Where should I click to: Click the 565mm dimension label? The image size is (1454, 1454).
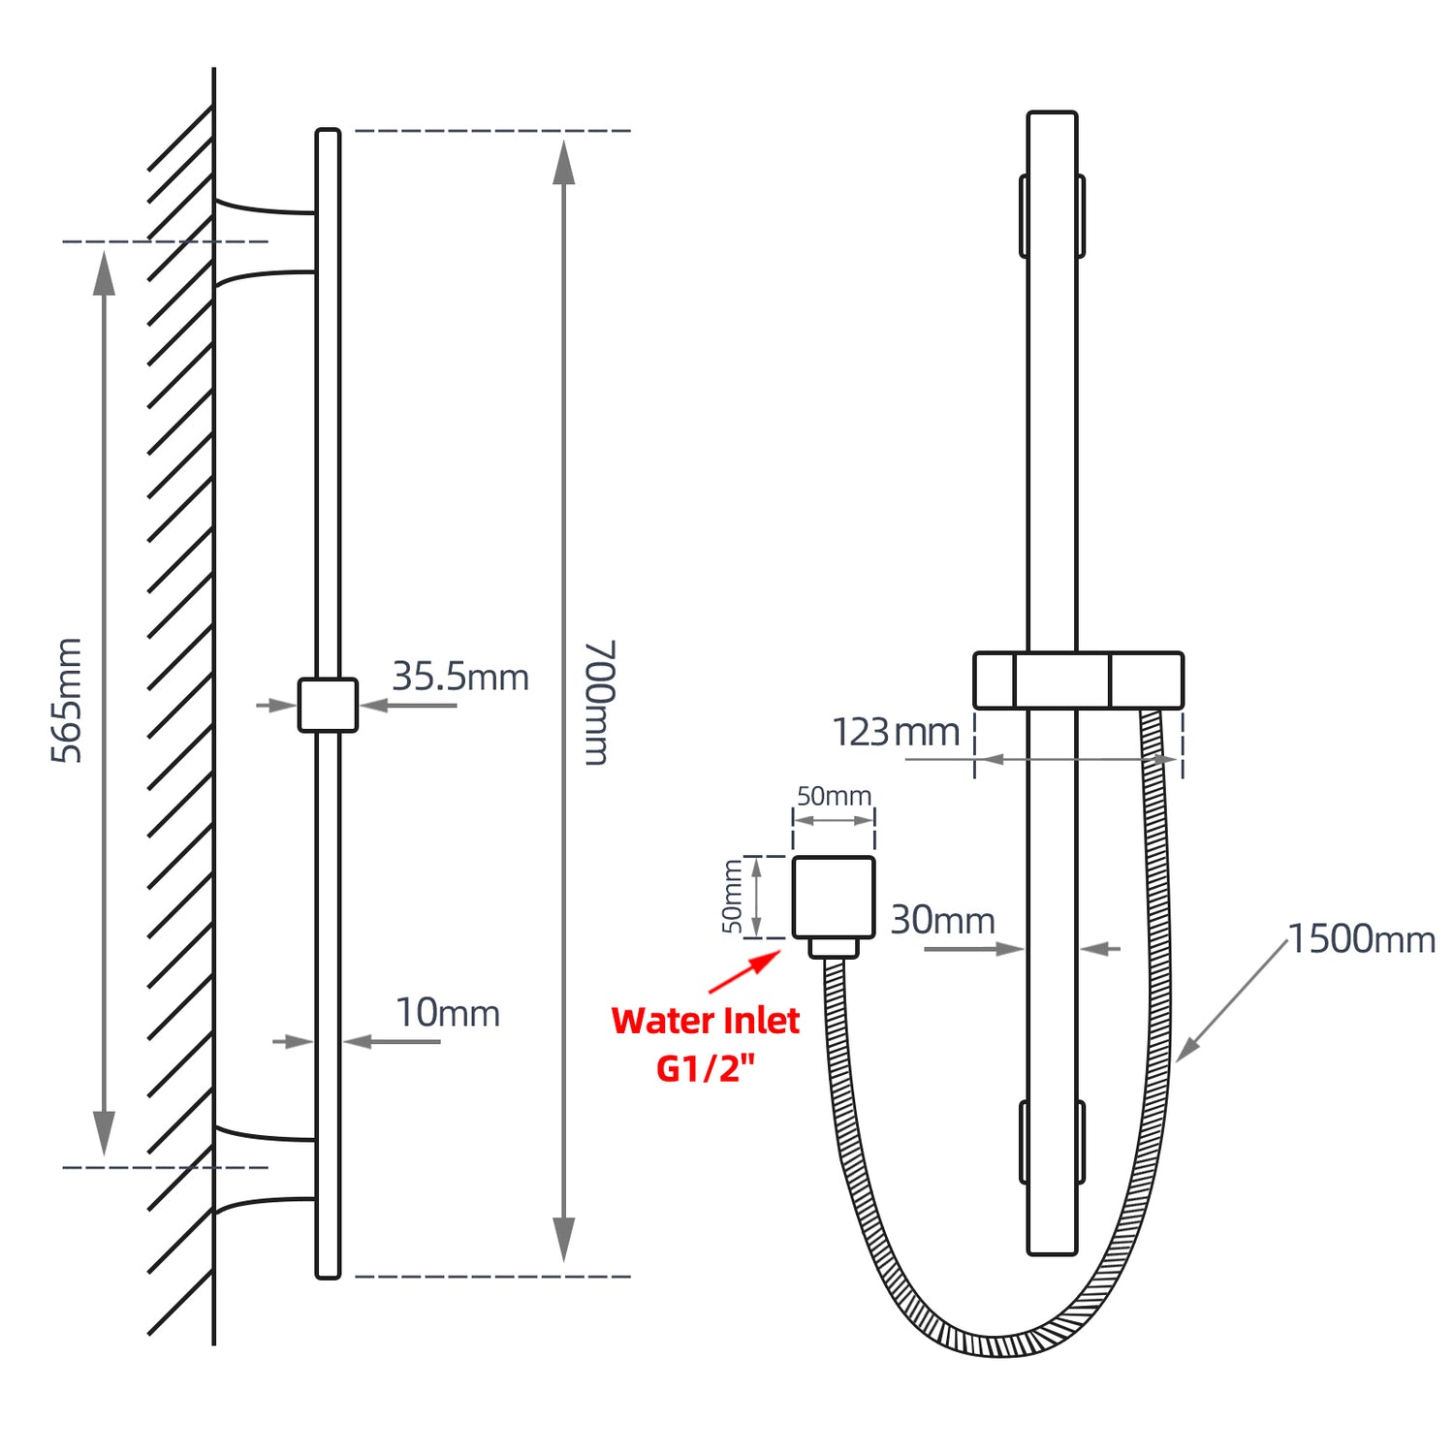click(x=67, y=700)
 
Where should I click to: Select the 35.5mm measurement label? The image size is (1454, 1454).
click(x=460, y=677)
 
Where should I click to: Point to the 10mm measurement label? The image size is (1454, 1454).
click(x=448, y=1013)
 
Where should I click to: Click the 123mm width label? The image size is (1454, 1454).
click(x=896, y=732)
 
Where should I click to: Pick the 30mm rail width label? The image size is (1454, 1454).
click(x=942, y=920)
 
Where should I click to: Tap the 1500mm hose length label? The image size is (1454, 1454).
click(x=1361, y=939)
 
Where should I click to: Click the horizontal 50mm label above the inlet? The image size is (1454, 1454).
click(x=834, y=796)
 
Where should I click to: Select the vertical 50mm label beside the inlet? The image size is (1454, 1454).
click(x=733, y=897)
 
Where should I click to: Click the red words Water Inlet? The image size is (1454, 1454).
click(x=705, y=1021)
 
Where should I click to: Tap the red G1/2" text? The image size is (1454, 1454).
click(x=705, y=1068)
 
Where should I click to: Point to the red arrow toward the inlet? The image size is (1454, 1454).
click(x=745, y=971)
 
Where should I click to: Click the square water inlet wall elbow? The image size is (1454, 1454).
click(x=834, y=898)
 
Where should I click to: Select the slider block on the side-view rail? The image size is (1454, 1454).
click(x=328, y=705)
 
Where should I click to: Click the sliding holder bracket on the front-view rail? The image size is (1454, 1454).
click(x=1078, y=680)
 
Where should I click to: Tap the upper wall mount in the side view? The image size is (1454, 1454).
click(x=265, y=242)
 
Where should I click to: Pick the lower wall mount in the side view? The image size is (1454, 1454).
click(x=265, y=1169)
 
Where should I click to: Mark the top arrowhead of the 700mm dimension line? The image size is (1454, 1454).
click(x=563, y=162)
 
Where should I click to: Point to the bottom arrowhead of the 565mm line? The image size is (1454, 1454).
click(x=104, y=1134)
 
